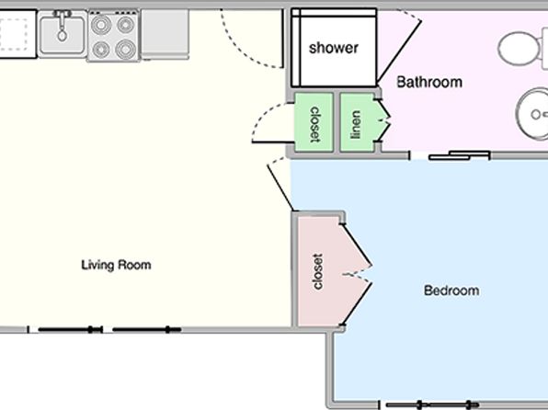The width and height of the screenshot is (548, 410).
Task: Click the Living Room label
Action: click(116, 265)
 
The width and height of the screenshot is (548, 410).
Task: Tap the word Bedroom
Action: click(451, 290)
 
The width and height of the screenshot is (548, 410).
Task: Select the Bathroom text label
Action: click(429, 82)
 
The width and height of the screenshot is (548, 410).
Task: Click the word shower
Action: click(334, 48)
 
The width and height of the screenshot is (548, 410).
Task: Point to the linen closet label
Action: click(356, 124)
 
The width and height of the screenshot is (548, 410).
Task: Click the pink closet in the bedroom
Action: click(320, 271)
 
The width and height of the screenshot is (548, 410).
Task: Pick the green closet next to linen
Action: click(314, 122)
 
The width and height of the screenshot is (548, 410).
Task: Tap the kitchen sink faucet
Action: click(62, 25)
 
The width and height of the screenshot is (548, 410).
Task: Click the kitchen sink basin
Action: click(63, 34)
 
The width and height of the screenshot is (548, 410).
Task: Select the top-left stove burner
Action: click(101, 25)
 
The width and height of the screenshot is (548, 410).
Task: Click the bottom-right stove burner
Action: click(126, 50)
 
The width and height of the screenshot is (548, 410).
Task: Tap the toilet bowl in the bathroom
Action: click(519, 48)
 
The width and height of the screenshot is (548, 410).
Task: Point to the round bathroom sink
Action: click(532, 114)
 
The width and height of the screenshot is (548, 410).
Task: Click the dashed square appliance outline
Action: click(14, 34)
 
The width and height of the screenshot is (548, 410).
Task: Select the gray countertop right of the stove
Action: click(165, 34)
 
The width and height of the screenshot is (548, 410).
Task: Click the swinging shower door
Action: click(399, 52)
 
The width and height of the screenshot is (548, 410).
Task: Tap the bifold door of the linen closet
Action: click(382, 121)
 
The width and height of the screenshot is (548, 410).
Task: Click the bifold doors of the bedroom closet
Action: click(357, 275)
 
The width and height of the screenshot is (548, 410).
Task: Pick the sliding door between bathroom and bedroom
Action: click(459, 155)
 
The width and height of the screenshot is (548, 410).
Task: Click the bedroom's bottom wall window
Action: click(432, 405)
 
